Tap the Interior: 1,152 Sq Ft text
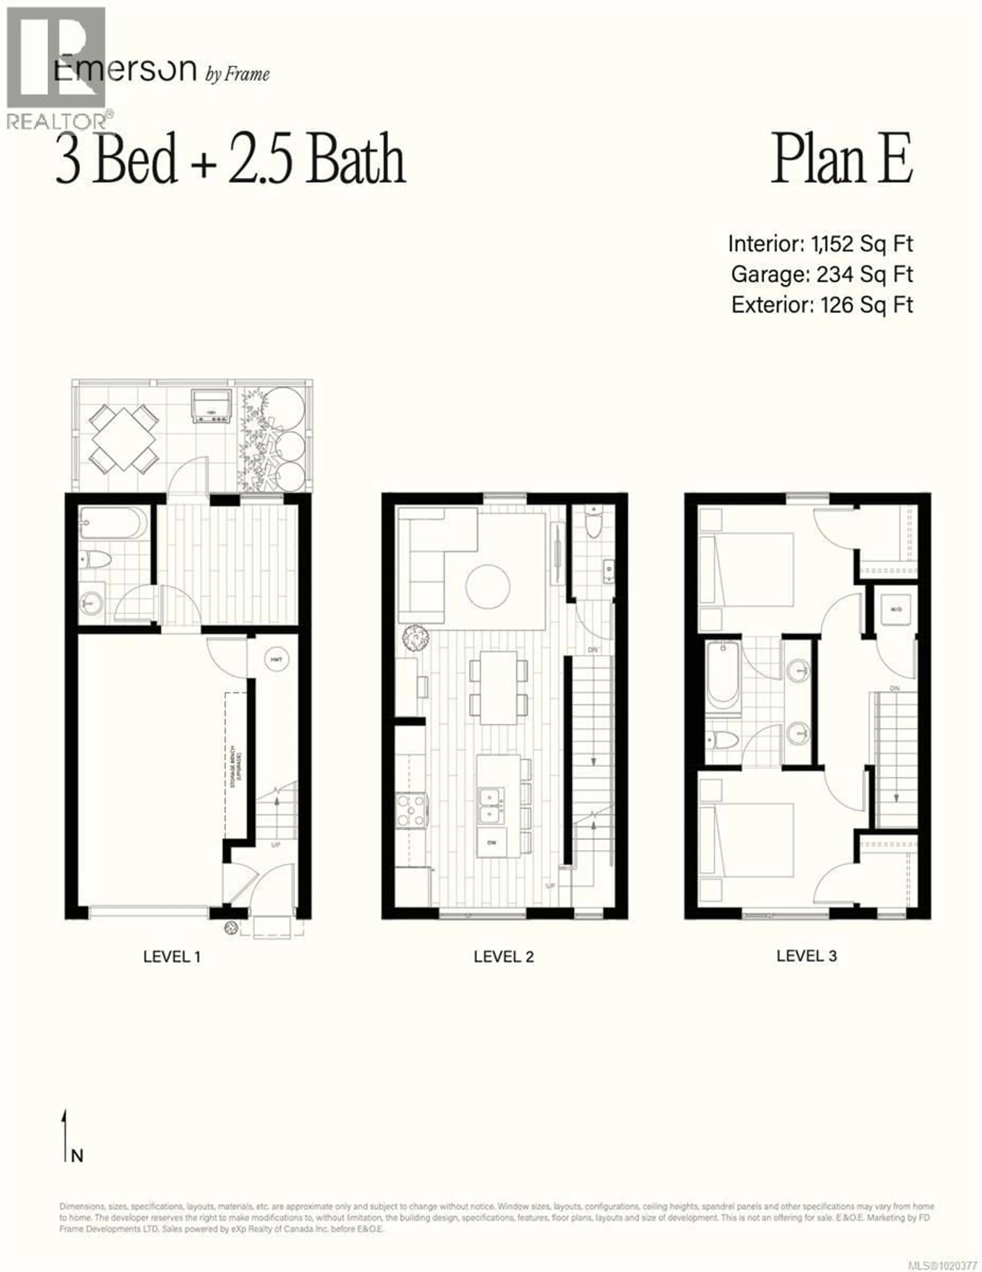[x=820, y=243]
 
